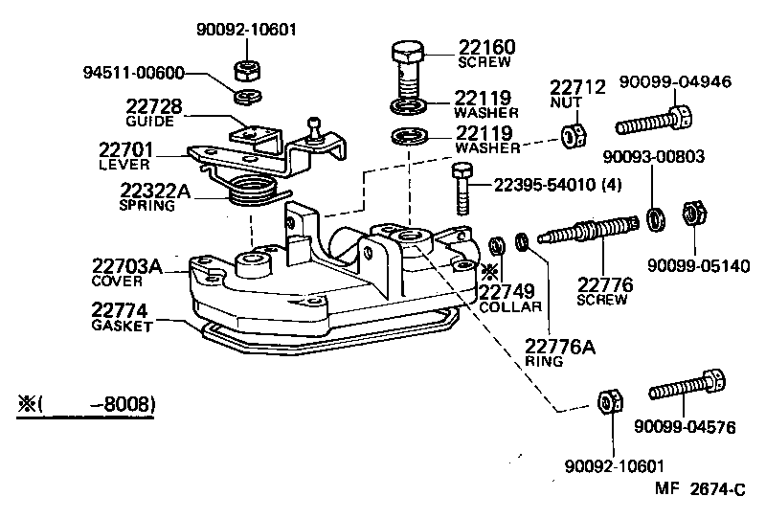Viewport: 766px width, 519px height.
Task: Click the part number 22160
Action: (x=486, y=46)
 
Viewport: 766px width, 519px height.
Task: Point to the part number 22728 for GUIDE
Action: (x=154, y=106)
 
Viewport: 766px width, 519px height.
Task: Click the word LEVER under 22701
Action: (x=124, y=164)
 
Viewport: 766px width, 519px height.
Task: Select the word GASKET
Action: (x=123, y=326)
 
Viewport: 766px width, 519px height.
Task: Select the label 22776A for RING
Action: (x=561, y=346)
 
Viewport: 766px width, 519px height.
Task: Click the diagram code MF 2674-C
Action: (x=700, y=490)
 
